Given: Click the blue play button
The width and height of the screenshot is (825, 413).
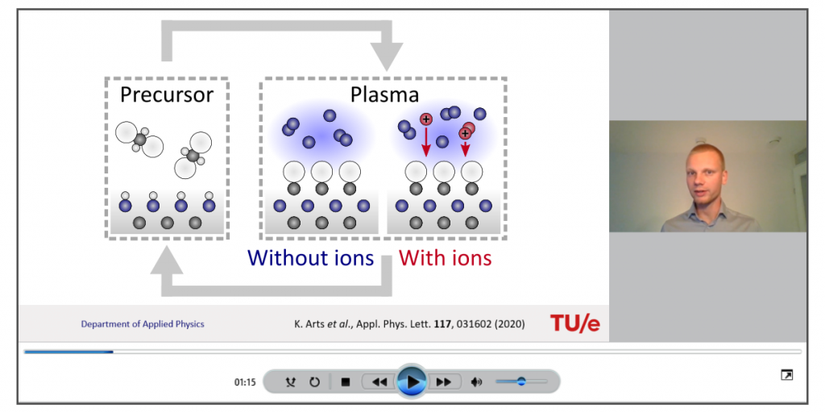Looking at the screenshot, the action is click(x=412, y=382).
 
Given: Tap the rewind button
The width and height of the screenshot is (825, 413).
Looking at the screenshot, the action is click(x=379, y=382).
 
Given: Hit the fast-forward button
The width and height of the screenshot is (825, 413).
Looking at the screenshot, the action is click(x=444, y=382).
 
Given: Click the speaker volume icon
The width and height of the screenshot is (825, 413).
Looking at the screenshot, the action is click(x=476, y=382).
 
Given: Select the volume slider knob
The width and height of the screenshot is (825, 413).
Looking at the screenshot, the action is click(x=521, y=381).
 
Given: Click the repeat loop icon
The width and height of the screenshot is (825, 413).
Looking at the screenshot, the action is click(x=315, y=382).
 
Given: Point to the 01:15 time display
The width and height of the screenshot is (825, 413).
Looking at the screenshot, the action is click(x=245, y=382).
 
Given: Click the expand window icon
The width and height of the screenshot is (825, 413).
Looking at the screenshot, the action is click(x=786, y=375).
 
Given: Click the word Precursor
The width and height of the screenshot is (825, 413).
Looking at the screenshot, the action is click(x=167, y=95).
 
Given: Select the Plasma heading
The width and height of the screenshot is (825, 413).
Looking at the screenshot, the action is click(x=384, y=95).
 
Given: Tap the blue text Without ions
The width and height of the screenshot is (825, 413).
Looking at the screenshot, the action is click(x=310, y=258).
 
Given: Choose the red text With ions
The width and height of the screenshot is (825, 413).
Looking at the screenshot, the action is click(x=445, y=258).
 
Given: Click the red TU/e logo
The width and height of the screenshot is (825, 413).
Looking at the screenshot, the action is click(x=574, y=323).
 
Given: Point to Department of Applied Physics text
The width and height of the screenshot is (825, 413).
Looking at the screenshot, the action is click(x=143, y=324).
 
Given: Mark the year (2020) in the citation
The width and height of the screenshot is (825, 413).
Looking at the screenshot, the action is click(x=509, y=324).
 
